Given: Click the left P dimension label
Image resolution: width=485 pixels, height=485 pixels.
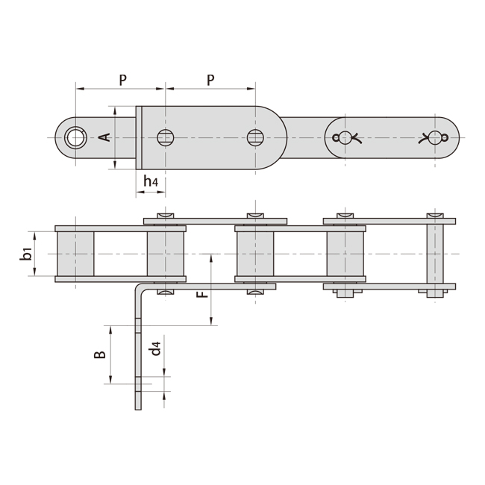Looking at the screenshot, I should pyautogui.click(x=122, y=80).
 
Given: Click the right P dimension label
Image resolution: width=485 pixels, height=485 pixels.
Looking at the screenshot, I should pyautogui.click(x=210, y=80).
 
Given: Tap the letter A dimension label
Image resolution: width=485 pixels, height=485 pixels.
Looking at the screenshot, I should pyautogui.click(x=105, y=137).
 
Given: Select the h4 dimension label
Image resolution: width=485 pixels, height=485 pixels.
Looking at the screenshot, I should pyautogui.click(x=150, y=181).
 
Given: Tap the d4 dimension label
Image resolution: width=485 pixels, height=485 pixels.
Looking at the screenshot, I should pyautogui.click(x=156, y=349).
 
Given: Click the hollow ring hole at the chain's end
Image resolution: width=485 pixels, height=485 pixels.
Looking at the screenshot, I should pyautogui.click(x=75, y=137).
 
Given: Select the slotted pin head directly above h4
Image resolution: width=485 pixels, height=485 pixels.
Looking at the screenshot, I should pyautogui.click(x=165, y=137).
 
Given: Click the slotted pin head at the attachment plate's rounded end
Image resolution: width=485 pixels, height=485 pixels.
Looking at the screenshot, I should pyautogui.click(x=255, y=137).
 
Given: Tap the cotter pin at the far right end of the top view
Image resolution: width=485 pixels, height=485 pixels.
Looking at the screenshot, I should pyautogui.click(x=435, y=137).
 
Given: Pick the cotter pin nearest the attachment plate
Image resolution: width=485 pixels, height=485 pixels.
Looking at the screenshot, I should pyautogui.click(x=345, y=137).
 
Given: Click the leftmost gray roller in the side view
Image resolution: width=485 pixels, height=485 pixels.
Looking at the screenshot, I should pyautogui.click(x=75, y=254).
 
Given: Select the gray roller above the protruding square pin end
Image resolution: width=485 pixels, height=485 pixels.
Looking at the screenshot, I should pyautogui.click(x=345, y=254).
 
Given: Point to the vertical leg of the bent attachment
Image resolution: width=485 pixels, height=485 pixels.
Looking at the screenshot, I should pyautogui.click(x=138, y=351).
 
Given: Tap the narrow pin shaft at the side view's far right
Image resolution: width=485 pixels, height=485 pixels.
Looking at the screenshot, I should pyautogui.click(x=435, y=254).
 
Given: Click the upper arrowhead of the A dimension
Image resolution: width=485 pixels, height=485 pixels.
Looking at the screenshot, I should pyautogui.click(x=116, y=110).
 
